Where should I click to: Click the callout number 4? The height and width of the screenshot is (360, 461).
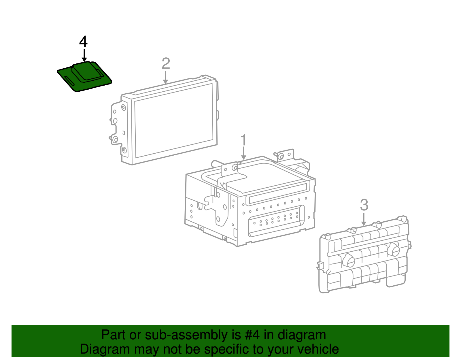[x=83, y=42]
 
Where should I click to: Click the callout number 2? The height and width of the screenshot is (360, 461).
[x=166, y=64]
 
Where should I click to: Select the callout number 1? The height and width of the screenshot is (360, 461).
[x=244, y=140]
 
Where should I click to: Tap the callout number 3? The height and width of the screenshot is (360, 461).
[x=364, y=205]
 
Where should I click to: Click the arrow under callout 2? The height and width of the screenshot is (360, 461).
[x=165, y=77]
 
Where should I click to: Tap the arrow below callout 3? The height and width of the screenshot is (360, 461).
[x=364, y=219]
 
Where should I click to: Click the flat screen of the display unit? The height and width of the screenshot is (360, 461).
[x=174, y=121]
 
